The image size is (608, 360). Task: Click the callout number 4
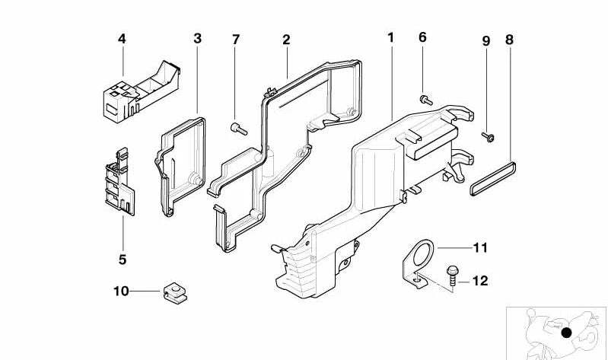pos(121,37)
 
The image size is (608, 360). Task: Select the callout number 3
pos(197,37)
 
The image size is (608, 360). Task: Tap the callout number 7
pos(236,37)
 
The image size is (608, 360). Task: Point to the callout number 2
pos(286,39)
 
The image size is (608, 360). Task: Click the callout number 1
pos(390,37)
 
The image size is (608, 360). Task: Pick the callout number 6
pos(422,37)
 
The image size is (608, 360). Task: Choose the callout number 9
pos(486,39)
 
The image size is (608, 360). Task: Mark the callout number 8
pos(509,39)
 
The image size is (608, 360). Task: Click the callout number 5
pos(122,260)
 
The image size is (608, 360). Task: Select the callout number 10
pos(122,290)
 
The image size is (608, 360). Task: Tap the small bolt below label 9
pos(486,136)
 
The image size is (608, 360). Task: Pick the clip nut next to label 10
pos(172,292)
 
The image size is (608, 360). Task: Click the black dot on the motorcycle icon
pos(566,332)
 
